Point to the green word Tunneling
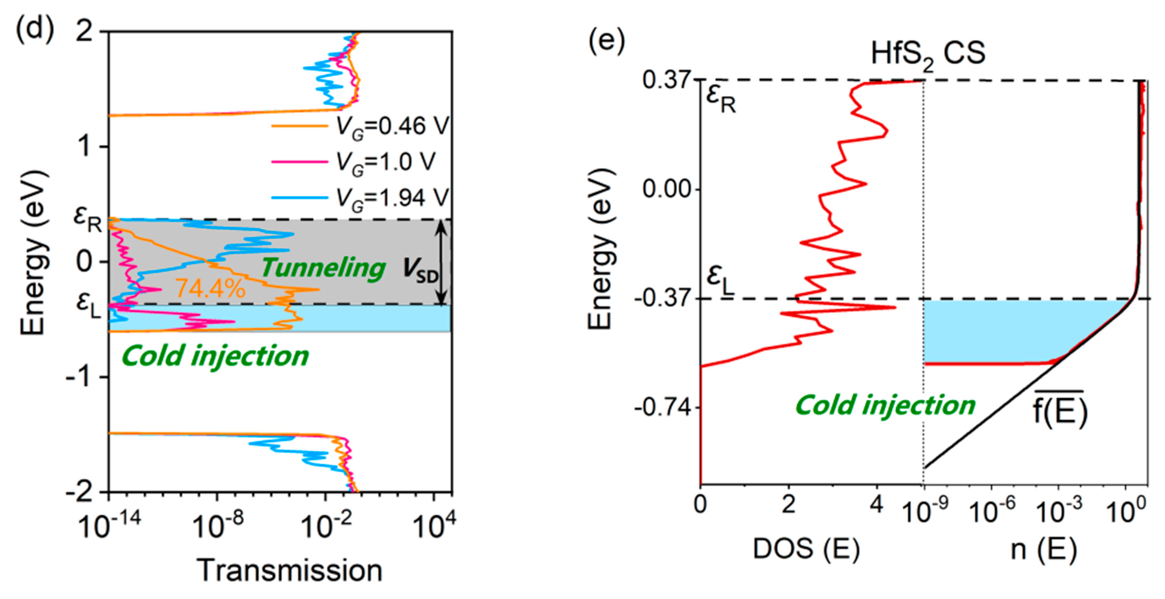(323, 268)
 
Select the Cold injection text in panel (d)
(215, 356)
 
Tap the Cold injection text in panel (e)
(885, 405)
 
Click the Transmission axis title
(290, 571)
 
